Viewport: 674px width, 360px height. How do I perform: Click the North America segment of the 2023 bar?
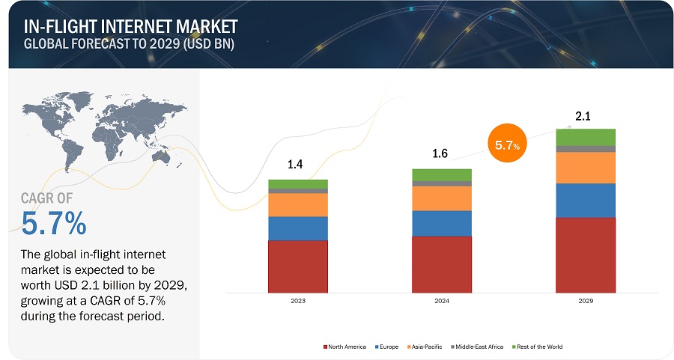297,266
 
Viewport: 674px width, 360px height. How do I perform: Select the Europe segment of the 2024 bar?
441,223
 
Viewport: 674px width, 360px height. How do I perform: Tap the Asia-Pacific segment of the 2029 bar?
585,168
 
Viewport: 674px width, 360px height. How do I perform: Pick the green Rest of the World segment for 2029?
585,137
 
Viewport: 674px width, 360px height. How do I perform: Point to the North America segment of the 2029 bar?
585,254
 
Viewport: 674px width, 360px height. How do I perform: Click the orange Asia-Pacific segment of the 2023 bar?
297,204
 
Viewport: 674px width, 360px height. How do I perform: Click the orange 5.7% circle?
508,145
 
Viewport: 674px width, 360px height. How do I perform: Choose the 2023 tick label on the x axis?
297,300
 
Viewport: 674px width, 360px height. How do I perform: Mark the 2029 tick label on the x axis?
585,300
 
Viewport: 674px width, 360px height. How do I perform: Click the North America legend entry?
346,347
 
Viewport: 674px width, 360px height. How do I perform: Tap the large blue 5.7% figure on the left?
54,223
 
